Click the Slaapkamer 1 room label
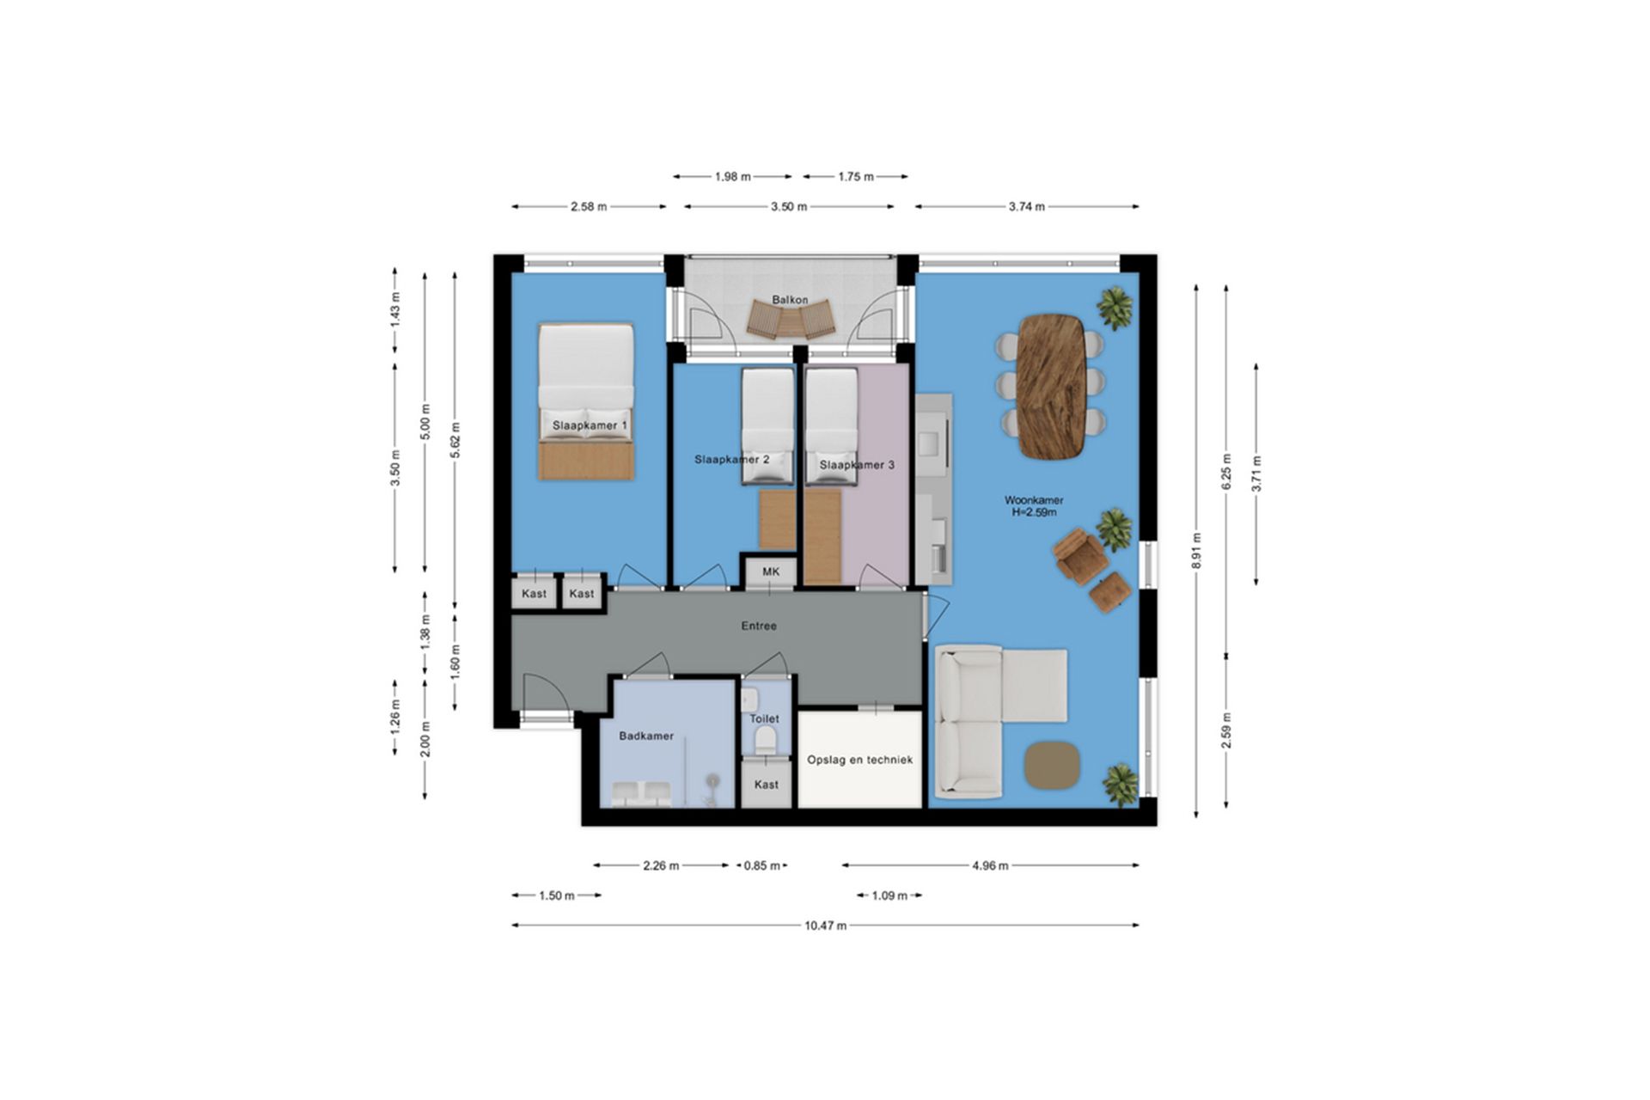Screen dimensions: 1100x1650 (x=590, y=425)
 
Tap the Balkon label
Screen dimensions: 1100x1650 (x=789, y=300)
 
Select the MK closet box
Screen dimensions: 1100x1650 (x=771, y=571)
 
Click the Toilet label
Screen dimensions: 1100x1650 (x=764, y=718)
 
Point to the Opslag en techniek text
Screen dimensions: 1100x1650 (x=859, y=760)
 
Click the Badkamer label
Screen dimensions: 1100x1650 (x=646, y=736)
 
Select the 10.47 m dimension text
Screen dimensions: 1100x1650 (x=825, y=926)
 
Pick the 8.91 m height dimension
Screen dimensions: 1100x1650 (x=1196, y=550)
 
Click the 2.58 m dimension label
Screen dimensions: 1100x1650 (x=589, y=206)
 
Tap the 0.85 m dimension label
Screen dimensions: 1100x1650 (x=761, y=865)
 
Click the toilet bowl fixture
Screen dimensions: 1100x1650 (x=764, y=740)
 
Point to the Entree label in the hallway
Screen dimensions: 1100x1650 (x=759, y=626)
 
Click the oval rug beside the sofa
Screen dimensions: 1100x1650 (x=1051, y=764)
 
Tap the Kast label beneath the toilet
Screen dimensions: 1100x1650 (x=766, y=785)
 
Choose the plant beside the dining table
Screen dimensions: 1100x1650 (x=1115, y=307)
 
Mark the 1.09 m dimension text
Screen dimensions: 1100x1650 (x=889, y=895)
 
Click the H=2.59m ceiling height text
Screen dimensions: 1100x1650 (x=1034, y=512)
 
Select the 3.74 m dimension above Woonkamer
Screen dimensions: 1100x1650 (x=1026, y=206)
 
